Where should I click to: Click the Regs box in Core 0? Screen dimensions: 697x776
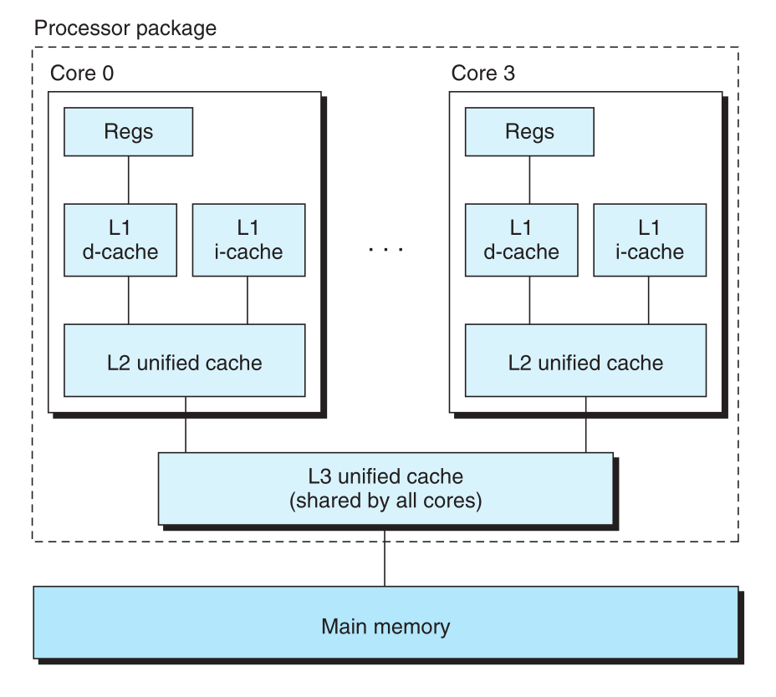pyautogui.click(x=129, y=132)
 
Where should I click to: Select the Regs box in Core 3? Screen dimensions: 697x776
pyautogui.click(x=529, y=132)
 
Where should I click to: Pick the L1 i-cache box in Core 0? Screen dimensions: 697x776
pyautogui.click(x=248, y=239)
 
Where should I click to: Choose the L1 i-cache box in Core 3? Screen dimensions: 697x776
pyautogui.click(x=648, y=239)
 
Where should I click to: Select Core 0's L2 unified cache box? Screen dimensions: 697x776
pyautogui.click(x=185, y=362)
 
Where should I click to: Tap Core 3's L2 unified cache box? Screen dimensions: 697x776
pyautogui.click(x=585, y=362)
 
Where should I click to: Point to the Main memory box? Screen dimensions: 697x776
pyautogui.click(x=385, y=626)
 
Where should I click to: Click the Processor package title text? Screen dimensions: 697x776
pyautogui.click(x=125, y=28)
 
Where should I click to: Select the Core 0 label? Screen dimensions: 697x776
pyautogui.click(x=82, y=73)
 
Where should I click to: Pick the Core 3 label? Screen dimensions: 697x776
pyautogui.click(x=482, y=73)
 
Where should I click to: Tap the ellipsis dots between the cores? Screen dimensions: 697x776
pyautogui.click(x=385, y=249)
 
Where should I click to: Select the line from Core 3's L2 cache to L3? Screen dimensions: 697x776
pyautogui.click(x=585, y=425)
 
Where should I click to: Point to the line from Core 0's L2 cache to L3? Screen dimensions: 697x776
pyautogui.click(x=185, y=425)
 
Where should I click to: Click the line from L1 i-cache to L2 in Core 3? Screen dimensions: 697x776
pyautogui.click(x=648, y=299)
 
